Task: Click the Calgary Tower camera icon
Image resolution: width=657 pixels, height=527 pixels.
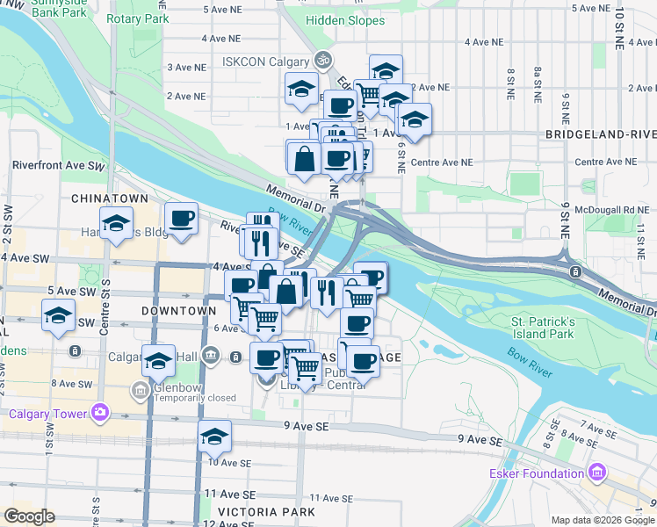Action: pos(99,412)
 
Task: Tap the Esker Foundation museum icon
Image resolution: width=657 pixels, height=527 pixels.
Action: pos(597,473)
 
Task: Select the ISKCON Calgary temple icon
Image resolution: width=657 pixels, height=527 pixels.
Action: pos(322,61)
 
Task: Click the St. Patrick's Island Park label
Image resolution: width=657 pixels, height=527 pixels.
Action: pos(543,328)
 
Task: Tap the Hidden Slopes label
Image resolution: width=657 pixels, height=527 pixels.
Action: pos(346,20)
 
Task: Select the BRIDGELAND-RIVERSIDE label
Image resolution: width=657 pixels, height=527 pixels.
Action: pos(601,134)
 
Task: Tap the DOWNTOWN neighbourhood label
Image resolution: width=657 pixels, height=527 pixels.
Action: pos(178,311)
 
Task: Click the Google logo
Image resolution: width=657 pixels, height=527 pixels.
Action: pos(29,516)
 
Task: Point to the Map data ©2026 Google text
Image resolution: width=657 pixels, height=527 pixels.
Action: pos(602,520)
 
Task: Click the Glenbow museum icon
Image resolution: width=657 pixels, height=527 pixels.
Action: pos(140,389)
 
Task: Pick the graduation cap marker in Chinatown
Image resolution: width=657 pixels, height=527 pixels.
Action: pos(115,224)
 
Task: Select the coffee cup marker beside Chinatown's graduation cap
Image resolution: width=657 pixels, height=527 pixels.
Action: pos(181,219)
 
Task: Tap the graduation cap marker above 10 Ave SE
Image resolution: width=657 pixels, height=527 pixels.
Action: pos(214,436)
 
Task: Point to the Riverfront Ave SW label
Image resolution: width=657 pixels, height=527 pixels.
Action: pos(59,165)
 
